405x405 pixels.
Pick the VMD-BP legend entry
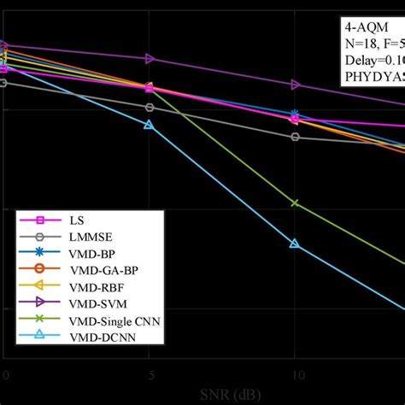click(x=91, y=253)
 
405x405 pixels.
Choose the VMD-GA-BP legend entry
click(x=100, y=270)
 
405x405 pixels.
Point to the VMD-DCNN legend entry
click(x=98, y=337)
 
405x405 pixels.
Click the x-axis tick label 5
click(x=150, y=375)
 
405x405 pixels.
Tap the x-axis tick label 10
click(x=295, y=375)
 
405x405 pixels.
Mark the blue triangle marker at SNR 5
click(x=150, y=125)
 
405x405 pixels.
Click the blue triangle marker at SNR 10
click(x=295, y=244)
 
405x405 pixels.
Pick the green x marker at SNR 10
click(x=295, y=203)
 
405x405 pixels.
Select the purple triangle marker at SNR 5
click(x=150, y=59)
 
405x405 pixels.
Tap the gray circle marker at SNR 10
click(x=295, y=137)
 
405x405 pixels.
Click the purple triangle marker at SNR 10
click(x=295, y=85)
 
